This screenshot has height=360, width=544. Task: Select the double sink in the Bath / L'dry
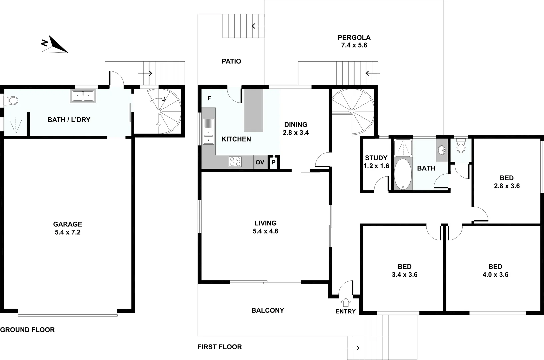(x=83, y=96)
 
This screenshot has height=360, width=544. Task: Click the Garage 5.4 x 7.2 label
(x=68, y=228)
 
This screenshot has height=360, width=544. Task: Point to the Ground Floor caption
(x=27, y=330)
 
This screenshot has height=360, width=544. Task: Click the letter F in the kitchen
(x=209, y=98)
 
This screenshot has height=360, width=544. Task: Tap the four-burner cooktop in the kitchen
(x=235, y=162)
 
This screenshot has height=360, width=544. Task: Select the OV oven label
(x=260, y=162)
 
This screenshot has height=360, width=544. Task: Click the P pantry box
(x=273, y=162)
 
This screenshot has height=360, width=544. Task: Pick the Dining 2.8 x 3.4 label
(x=296, y=129)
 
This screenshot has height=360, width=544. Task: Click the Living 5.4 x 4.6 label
(x=266, y=227)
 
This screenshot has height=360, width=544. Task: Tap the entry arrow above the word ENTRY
(x=346, y=302)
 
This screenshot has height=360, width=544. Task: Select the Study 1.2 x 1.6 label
(x=376, y=162)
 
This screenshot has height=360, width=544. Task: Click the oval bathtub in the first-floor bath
(x=403, y=174)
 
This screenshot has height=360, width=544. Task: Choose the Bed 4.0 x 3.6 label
(x=495, y=270)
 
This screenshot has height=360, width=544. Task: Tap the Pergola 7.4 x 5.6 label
(x=354, y=41)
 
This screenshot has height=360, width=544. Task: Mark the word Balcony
(x=268, y=310)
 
